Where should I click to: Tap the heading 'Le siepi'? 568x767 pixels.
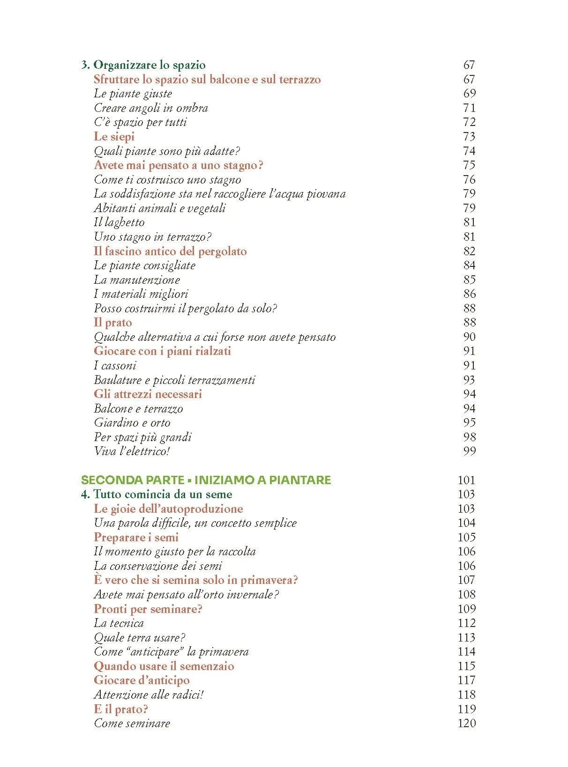(114, 137)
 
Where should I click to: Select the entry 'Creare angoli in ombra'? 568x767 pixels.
(150, 108)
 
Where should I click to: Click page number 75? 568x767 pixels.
(469, 165)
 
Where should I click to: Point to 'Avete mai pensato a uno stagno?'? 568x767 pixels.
(179, 165)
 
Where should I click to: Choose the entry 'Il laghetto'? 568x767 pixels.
(119, 222)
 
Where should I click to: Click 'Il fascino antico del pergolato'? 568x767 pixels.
(170, 251)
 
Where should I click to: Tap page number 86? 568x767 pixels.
(469, 294)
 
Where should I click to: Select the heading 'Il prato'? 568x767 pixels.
(113, 323)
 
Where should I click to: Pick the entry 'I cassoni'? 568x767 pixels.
(115, 366)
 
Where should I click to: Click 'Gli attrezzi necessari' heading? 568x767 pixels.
(148, 394)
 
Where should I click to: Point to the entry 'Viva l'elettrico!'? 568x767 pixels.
(132, 451)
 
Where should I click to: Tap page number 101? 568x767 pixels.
(466, 480)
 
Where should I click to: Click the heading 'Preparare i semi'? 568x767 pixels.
(136, 538)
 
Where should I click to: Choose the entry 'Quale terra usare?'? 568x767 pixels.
(139, 638)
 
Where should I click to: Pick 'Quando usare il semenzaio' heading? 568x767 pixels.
(164, 666)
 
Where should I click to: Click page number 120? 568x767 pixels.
(466, 723)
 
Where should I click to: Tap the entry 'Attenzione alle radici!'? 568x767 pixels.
(149, 695)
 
